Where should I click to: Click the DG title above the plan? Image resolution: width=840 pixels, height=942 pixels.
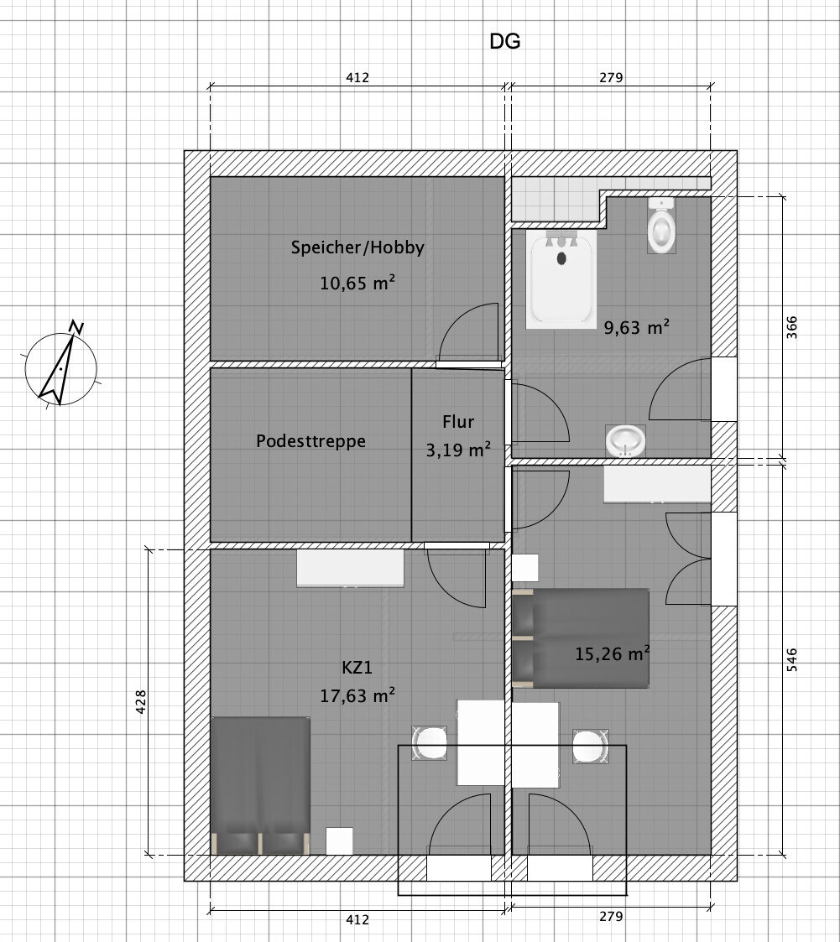coord(504,41)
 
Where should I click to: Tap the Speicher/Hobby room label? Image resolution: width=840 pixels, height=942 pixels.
coord(357,247)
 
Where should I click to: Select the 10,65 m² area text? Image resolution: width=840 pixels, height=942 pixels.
coord(357,283)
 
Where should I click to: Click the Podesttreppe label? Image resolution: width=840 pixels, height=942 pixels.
coord(310,441)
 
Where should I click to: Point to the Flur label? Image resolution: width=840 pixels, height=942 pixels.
coord(458,422)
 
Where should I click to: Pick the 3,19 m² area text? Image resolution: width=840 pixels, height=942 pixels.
coord(458,450)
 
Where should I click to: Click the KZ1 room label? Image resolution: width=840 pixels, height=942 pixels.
coord(357,668)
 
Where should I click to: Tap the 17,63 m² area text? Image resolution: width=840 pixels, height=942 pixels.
coord(357,695)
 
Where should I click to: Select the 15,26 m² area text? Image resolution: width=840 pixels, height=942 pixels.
coord(613,653)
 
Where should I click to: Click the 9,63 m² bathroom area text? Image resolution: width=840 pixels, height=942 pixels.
coord(637,327)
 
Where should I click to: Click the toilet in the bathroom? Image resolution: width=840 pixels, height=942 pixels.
coord(661,226)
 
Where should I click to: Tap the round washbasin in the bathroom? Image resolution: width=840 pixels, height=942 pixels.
coord(625,441)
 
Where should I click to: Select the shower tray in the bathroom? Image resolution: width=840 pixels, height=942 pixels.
coord(561,279)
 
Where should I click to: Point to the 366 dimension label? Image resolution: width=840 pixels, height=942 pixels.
coord(792,327)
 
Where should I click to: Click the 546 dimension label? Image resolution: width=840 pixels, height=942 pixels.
coord(792,659)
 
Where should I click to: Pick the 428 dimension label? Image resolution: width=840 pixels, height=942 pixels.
coord(141,702)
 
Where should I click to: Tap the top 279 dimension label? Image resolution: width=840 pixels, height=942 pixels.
coord(611,77)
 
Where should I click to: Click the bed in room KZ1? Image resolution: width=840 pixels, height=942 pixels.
coord(260,785)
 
